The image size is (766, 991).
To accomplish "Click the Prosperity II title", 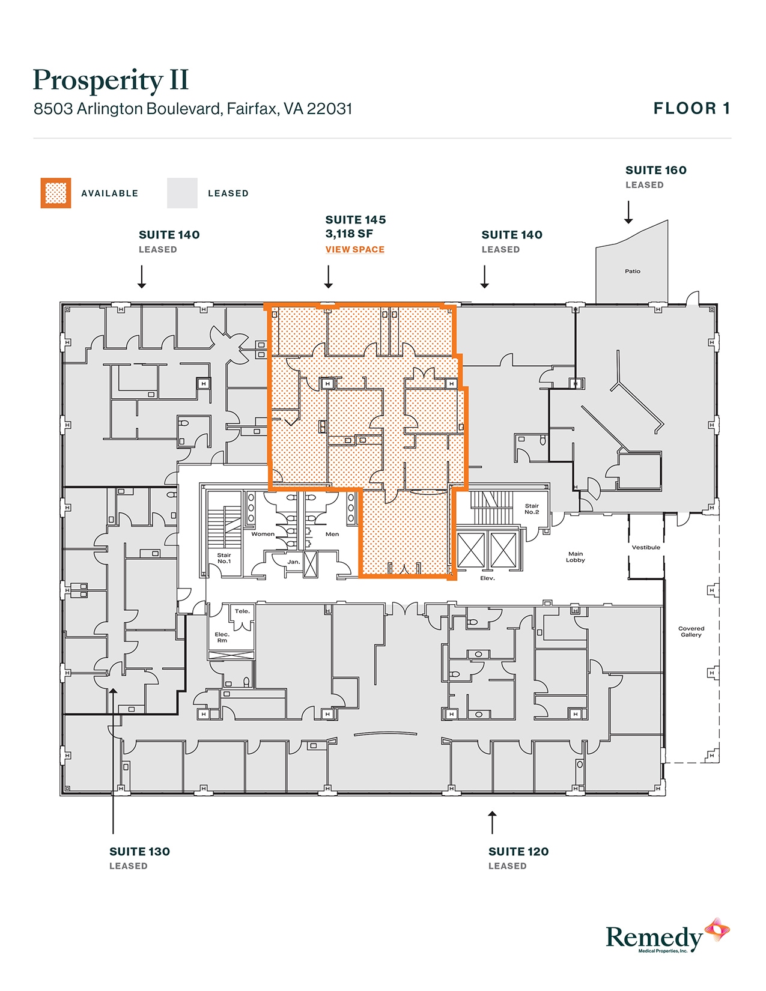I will pos(111,80).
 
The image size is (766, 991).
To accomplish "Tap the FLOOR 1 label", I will pos(692,109).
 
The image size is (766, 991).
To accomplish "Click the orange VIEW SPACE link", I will pos(354,249).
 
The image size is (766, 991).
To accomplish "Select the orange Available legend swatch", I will pos(56,193).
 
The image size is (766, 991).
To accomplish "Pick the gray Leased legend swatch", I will pos(182,193).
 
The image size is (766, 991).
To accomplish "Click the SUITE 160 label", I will pos(655,171).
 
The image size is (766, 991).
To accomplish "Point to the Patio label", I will pos(632,271).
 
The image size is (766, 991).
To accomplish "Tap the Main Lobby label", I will pos(575,557).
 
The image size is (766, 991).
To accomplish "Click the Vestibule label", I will pos(646,547).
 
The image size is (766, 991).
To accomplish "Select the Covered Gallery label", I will pos(691,631).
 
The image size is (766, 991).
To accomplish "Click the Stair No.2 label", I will pos(532,509).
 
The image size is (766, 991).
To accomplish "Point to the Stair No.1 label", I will pos(223,558).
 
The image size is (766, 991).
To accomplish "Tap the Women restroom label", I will pos(263,534).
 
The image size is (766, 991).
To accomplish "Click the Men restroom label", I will pos(332,534).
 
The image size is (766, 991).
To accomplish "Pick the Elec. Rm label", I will pos(222,637).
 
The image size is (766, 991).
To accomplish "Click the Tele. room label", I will pos(242,611).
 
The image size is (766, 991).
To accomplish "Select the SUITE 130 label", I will pos(139,852).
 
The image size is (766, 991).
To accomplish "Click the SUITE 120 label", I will pos(518,852).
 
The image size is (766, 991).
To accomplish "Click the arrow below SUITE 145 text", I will pos(328,277).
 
